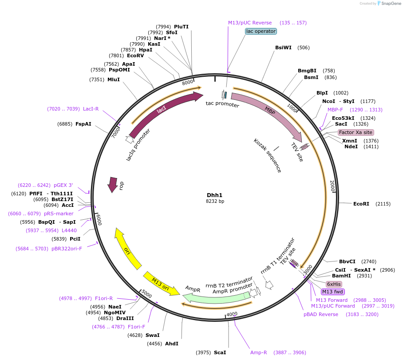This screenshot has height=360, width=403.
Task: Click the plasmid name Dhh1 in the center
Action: point(215,195)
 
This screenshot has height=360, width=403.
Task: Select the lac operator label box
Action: point(261,31)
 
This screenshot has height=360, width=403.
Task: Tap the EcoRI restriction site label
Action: point(361,204)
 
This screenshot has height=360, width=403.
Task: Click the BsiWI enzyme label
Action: point(283,47)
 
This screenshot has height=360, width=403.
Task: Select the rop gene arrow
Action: point(113,184)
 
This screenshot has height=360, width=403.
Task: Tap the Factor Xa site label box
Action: point(356,132)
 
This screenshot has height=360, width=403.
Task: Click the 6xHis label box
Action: point(334,284)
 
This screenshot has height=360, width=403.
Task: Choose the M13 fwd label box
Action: point(333,292)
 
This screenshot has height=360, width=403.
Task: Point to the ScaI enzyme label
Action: point(220,352)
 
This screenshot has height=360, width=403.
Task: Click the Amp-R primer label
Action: point(259,352)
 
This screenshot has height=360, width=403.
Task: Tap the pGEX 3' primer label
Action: point(63,185)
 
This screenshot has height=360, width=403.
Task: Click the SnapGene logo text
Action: point(390,4)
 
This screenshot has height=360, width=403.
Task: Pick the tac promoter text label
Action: point(222,104)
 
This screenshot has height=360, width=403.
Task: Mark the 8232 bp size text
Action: point(215,202)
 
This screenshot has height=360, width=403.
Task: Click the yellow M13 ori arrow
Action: point(161,283)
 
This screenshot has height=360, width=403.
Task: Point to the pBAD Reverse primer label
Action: point(321,314)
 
